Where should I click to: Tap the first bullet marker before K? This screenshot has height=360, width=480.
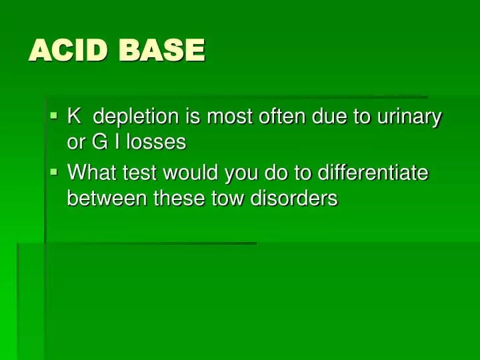click(x=55, y=116)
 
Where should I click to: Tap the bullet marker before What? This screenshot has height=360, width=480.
click(x=55, y=172)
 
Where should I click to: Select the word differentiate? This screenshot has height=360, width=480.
click(x=373, y=173)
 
